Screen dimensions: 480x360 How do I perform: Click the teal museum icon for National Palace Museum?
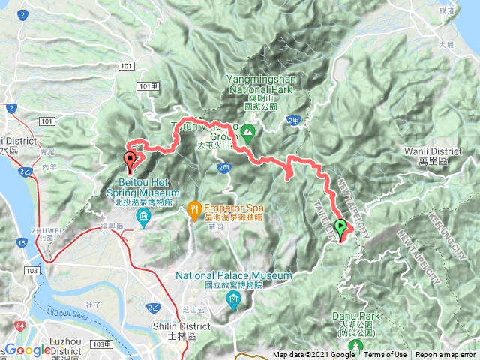233,301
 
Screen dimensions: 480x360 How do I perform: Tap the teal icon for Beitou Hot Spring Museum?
143,218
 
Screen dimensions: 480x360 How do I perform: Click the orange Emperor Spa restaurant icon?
193,206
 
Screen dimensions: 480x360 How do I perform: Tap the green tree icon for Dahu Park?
355,346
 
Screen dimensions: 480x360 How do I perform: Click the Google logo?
27,351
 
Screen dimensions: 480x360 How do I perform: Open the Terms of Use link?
385,355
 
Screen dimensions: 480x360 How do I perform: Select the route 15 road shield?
23,242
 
